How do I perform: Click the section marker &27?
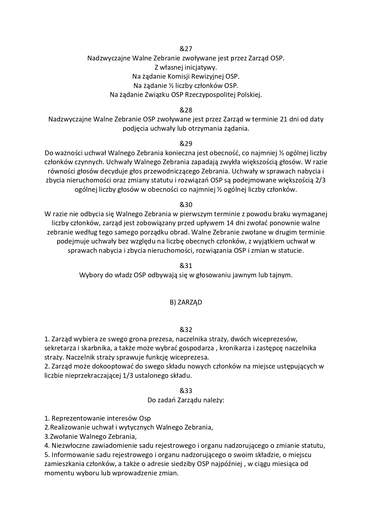pos(186,49)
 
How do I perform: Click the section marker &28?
pos(186,110)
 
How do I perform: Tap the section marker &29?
pos(186,144)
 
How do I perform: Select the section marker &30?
pos(186,205)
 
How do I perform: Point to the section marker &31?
pos(186,266)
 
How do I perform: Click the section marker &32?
pos(186,330)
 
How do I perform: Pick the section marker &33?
pos(186,391)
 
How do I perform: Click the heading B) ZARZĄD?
pos(186,302)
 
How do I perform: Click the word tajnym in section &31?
pos(282,275)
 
